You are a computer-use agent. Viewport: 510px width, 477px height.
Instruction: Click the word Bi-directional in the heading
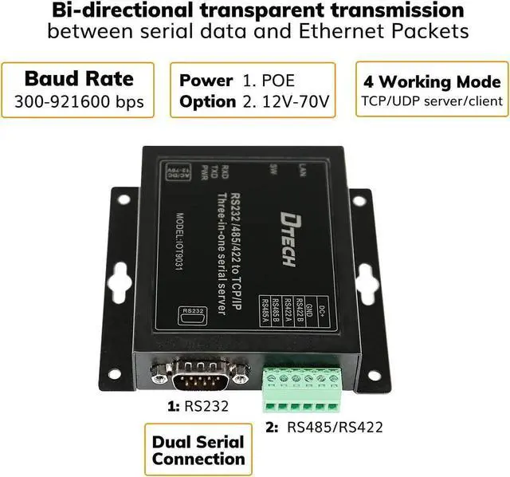[114, 11]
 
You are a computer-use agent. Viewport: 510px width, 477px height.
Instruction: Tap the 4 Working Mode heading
[432, 82]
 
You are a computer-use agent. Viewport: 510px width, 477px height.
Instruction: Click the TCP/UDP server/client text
[432, 102]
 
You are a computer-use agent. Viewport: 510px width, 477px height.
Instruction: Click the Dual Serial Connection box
[198, 450]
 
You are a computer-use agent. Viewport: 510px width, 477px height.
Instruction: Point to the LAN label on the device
[301, 169]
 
